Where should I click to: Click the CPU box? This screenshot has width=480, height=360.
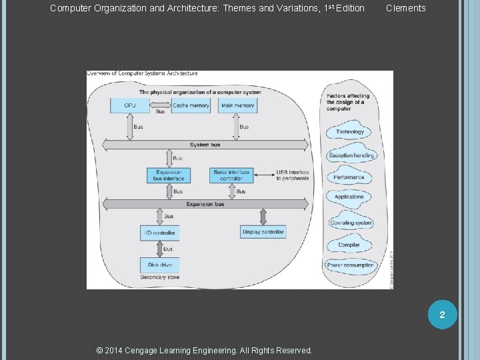coord(130,105)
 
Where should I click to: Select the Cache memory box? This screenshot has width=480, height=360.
coord(191,105)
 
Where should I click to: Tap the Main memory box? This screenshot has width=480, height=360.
coord(237,105)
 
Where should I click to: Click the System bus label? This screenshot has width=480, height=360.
coord(205,145)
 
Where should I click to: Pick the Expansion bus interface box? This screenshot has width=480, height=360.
coord(169,175)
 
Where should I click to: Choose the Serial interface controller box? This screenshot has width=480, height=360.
coord(231,175)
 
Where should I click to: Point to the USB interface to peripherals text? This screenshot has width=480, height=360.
coord(293,175)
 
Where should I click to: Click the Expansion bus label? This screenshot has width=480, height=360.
coord(205,204)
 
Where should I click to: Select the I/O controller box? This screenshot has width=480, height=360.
coord(159,233)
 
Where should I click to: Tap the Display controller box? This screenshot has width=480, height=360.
coord(263,232)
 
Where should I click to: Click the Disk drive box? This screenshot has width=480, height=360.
coord(159,265)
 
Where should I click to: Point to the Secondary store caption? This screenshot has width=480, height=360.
coord(159,277)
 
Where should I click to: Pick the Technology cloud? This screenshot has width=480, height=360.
coord(350,131)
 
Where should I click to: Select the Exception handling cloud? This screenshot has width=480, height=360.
coord(351,155)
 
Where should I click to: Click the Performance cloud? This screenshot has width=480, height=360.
coord(349,177)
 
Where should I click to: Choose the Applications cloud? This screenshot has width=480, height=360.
coord(349,197)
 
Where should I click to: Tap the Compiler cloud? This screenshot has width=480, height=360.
coord(349,245)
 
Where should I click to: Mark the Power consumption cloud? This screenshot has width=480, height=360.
coord(350,265)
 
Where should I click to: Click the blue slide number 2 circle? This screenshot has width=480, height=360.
coord(441,313)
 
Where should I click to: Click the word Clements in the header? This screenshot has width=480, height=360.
coord(405,8)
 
